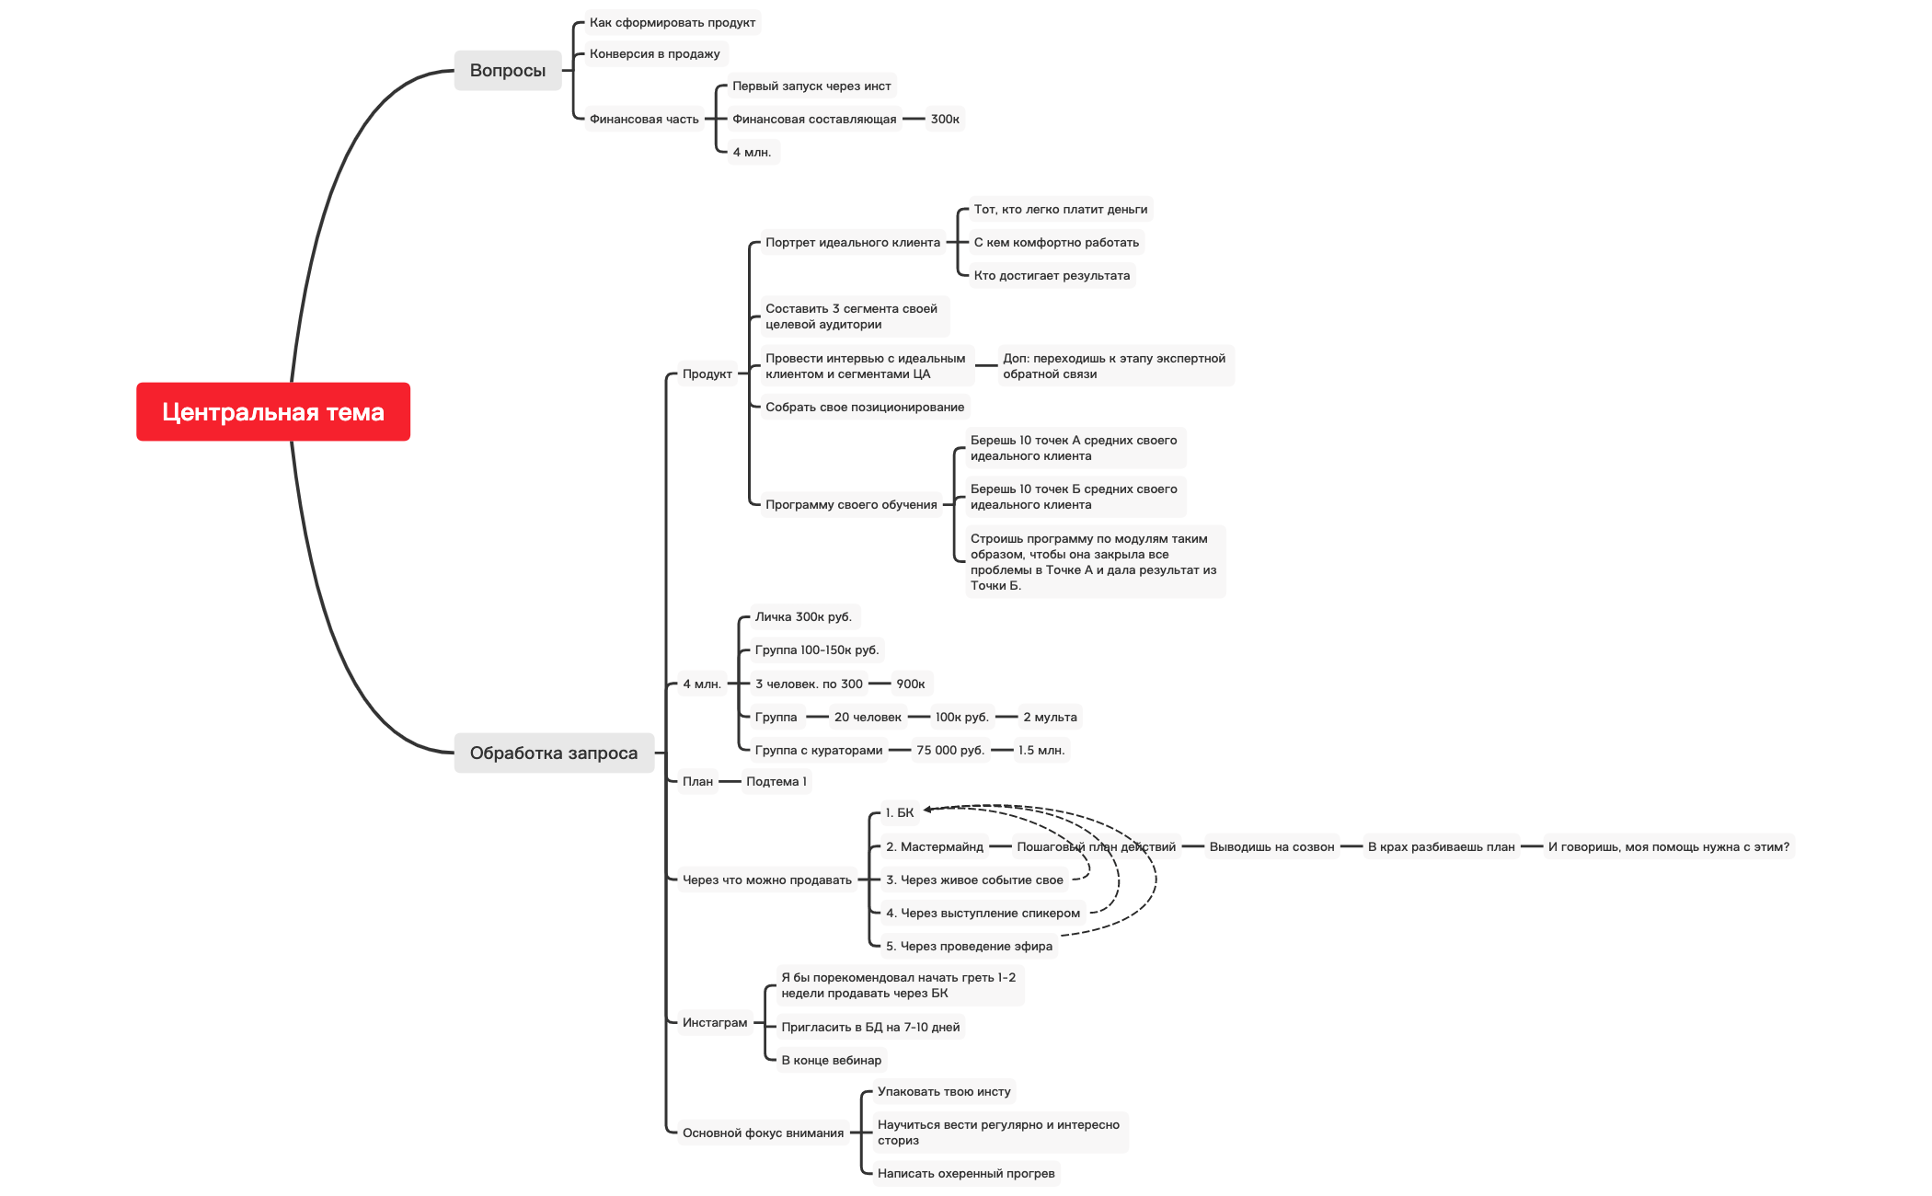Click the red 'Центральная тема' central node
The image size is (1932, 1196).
pos(273,412)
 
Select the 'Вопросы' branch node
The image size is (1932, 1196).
pos(507,70)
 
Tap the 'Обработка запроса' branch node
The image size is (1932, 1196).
pos(553,753)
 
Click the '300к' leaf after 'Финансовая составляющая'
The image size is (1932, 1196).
pos(945,119)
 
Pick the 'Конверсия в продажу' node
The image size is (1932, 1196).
pos(654,53)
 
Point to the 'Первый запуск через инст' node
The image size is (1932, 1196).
pos(811,86)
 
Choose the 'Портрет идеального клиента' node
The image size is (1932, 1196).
pos(852,242)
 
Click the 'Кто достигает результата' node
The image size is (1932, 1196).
pos(1052,275)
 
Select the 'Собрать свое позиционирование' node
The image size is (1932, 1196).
pos(865,407)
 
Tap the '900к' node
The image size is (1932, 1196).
pos(911,684)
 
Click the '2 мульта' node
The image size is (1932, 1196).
pos(1050,717)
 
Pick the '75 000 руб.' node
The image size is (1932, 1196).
pos(950,750)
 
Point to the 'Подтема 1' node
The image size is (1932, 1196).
pos(776,781)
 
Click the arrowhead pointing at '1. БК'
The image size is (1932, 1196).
pos(927,810)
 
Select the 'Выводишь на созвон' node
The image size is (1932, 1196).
pos(1271,846)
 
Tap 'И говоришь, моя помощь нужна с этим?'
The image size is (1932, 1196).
pos(1668,846)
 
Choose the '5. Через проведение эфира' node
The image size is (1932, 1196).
pos(969,946)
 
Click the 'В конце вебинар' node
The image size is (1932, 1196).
pos(831,1060)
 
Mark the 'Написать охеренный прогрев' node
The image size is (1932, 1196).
pos(966,1173)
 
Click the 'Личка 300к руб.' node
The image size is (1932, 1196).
pos(803,616)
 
